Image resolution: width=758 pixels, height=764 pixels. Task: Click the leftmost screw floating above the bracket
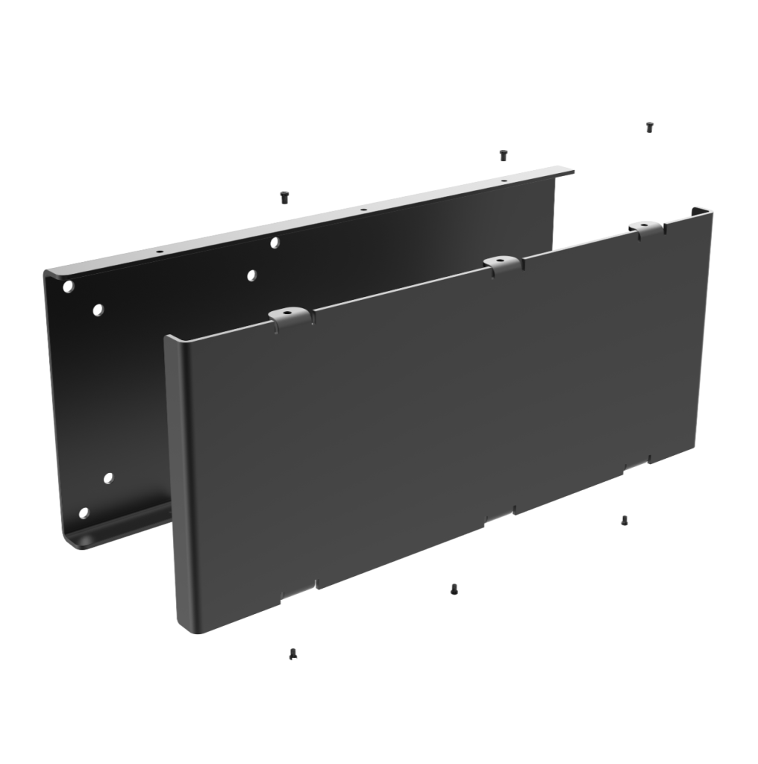284,197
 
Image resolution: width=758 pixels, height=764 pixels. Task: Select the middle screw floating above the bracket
503,155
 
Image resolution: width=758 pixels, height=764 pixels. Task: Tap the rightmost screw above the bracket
649,127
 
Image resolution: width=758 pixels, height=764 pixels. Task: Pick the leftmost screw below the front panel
292,654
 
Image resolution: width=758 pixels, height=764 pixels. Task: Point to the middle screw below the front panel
454,589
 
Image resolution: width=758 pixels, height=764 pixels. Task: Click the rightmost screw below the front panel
624,520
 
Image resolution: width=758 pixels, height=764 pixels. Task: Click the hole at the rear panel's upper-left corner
69,286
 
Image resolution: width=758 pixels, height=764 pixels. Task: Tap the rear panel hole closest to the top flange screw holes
275,242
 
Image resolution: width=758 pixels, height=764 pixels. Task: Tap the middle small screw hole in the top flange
363,210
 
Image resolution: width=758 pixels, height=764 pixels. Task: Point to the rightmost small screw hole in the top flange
503,181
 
